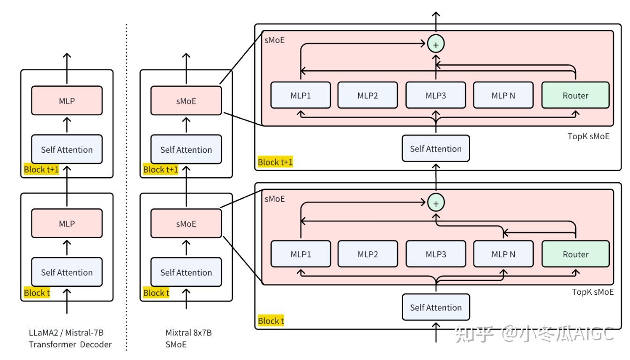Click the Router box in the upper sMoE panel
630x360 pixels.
pyautogui.click(x=576, y=95)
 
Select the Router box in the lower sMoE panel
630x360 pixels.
pyautogui.click(x=576, y=254)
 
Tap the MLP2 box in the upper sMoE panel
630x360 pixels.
pyautogui.click(x=367, y=95)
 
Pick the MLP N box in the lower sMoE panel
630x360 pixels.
pyautogui.click(x=503, y=254)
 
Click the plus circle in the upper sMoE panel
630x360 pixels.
pyautogui.click(x=435, y=44)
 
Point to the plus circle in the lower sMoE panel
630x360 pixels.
pyautogui.click(x=435, y=203)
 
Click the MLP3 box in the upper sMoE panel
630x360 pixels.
pyautogui.click(x=435, y=95)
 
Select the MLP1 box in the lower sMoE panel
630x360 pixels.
pyautogui.click(x=300, y=254)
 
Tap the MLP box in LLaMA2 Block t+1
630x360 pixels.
pyautogui.click(x=67, y=100)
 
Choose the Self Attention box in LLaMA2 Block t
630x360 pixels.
pyautogui.click(x=67, y=272)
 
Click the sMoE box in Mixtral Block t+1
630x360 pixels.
pyautogui.click(x=186, y=100)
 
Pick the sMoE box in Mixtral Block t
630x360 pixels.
pyautogui.click(x=186, y=223)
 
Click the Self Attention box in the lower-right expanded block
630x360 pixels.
pyautogui.click(x=435, y=307)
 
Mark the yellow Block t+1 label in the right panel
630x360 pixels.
pyautogui.click(x=275, y=162)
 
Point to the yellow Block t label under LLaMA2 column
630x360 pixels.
pyautogui.click(x=37, y=293)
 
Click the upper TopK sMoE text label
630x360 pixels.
pyautogui.click(x=588, y=136)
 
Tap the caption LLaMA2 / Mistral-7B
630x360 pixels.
pyautogui.click(x=66, y=333)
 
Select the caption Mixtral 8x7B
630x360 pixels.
pyautogui.click(x=188, y=333)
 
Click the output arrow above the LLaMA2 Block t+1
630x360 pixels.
pyautogui.click(x=67, y=68)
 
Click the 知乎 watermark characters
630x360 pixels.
pyautogui.click(x=474, y=334)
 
